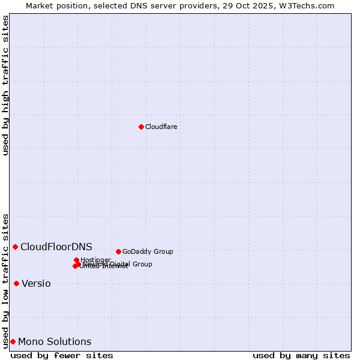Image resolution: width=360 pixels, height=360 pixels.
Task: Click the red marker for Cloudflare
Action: click(x=141, y=127)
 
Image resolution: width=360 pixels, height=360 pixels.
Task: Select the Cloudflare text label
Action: click(x=161, y=127)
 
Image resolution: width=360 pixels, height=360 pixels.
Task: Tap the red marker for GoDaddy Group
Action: click(x=118, y=251)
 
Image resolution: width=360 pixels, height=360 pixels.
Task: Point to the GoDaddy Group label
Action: click(x=147, y=251)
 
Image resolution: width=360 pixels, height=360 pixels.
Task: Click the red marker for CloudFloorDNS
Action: click(x=15, y=247)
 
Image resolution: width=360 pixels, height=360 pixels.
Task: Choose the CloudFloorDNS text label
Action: click(x=56, y=247)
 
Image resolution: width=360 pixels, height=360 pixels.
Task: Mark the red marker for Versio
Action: click(x=16, y=283)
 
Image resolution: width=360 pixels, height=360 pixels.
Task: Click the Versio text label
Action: click(x=36, y=284)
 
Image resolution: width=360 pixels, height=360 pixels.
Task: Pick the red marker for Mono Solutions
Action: click(x=13, y=341)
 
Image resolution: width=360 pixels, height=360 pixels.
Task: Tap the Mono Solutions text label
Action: click(x=55, y=342)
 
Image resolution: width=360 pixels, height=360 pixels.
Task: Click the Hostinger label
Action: click(x=95, y=260)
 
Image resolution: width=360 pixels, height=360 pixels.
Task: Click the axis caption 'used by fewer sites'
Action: click(x=62, y=355)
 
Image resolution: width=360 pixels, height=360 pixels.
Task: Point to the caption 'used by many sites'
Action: click(x=301, y=355)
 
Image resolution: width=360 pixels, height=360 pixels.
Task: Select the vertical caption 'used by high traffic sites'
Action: click(x=6, y=85)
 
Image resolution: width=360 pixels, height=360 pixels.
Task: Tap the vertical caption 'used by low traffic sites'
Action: click(x=6, y=280)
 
